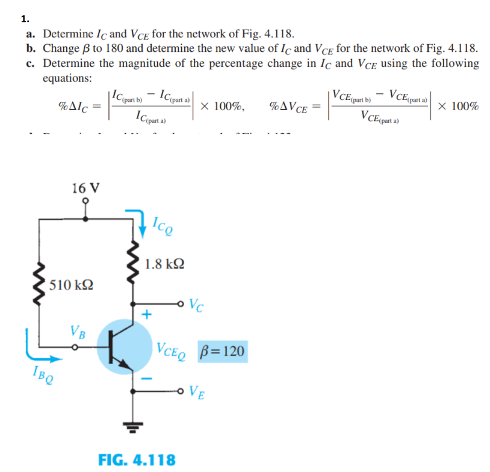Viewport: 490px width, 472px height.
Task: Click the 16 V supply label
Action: (85, 187)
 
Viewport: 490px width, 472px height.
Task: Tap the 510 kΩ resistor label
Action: (70, 284)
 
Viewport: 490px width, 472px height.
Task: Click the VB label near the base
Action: (77, 331)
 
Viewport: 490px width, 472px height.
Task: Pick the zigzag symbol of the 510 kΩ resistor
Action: (40, 284)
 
